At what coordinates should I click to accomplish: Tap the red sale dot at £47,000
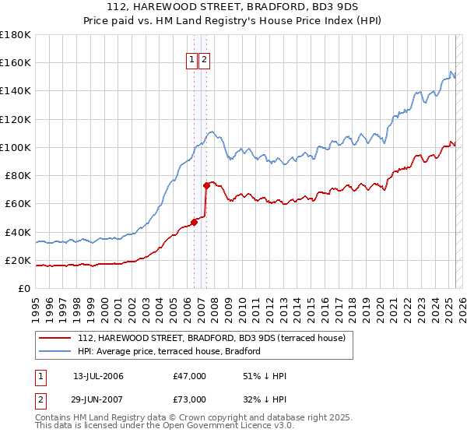(x=195, y=222)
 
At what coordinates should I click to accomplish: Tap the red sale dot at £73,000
(x=206, y=185)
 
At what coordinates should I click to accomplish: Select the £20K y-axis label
(x=19, y=260)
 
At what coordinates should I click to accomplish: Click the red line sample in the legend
(x=56, y=337)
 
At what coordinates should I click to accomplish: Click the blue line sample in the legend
(x=56, y=351)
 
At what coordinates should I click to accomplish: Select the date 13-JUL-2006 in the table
(x=98, y=376)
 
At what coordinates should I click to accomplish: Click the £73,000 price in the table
(x=190, y=399)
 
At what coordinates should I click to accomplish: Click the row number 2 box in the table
(x=40, y=399)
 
